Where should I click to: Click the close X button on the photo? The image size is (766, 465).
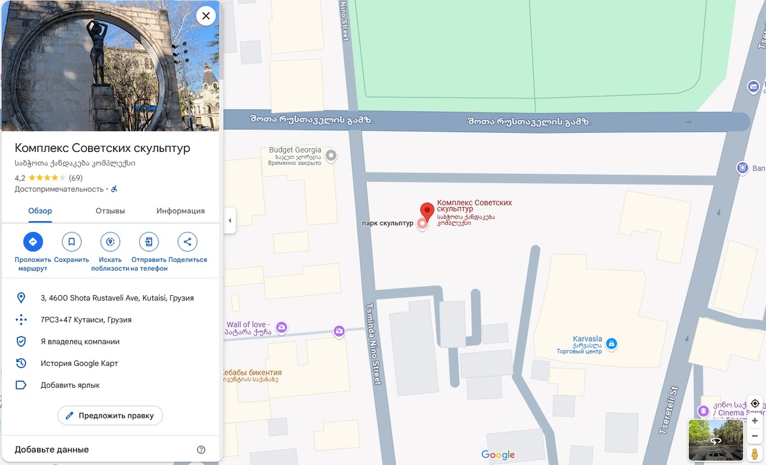[x=206, y=16]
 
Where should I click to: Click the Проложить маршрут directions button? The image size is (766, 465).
[x=33, y=242]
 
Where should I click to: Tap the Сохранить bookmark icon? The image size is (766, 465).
[x=71, y=242]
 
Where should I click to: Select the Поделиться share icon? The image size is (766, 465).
[x=187, y=242]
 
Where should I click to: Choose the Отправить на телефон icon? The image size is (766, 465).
[x=149, y=242]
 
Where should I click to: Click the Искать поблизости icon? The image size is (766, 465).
[x=110, y=242]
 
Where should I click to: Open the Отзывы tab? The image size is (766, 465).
[x=110, y=211]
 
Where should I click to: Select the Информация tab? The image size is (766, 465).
[x=181, y=211]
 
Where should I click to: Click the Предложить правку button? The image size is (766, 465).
[x=110, y=415]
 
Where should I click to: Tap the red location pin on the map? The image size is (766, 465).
[x=427, y=210]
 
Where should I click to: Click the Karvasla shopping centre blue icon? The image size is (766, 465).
[x=612, y=344]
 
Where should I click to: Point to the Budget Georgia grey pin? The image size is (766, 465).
[x=331, y=155]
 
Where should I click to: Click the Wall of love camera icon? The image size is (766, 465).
[x=281, y=328]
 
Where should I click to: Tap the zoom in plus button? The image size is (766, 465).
[x=755, y=421]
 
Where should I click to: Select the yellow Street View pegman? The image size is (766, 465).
[x=755, y=454]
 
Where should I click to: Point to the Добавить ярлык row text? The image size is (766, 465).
[x=70, y=385]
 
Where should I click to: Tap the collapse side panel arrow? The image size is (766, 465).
[x=229, y=221]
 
